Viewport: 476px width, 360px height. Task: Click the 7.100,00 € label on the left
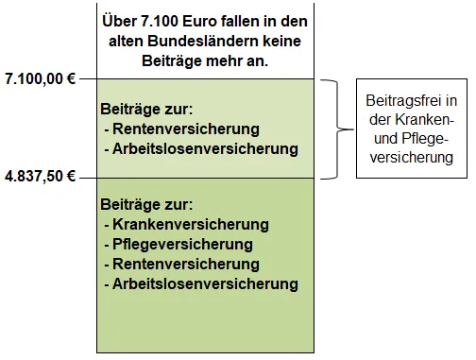(40, 79)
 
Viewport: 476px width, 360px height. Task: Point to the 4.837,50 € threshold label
(40, 177)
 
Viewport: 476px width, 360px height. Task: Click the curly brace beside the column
(331, 129)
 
